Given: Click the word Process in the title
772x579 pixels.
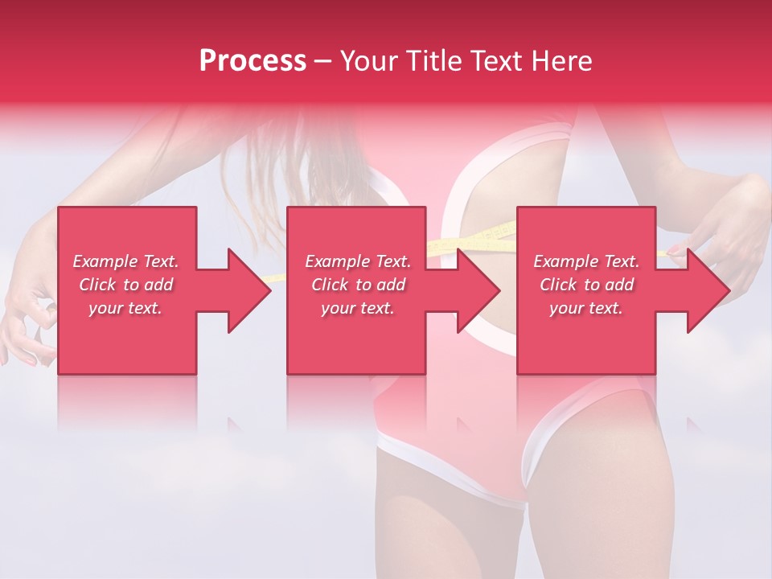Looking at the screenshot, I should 253,61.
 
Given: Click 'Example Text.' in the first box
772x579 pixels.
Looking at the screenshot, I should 125,261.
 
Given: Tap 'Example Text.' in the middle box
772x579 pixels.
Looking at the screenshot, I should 358,261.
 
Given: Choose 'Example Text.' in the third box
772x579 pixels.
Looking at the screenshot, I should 586,261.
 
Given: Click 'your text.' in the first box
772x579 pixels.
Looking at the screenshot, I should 125,308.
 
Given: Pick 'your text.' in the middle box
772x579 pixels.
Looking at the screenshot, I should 358,308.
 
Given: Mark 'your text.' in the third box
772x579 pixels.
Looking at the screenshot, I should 586,308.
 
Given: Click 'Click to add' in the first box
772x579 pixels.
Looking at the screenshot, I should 125,285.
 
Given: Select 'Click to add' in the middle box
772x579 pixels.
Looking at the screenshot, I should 358,285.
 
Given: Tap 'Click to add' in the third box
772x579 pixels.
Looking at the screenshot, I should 586,285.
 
